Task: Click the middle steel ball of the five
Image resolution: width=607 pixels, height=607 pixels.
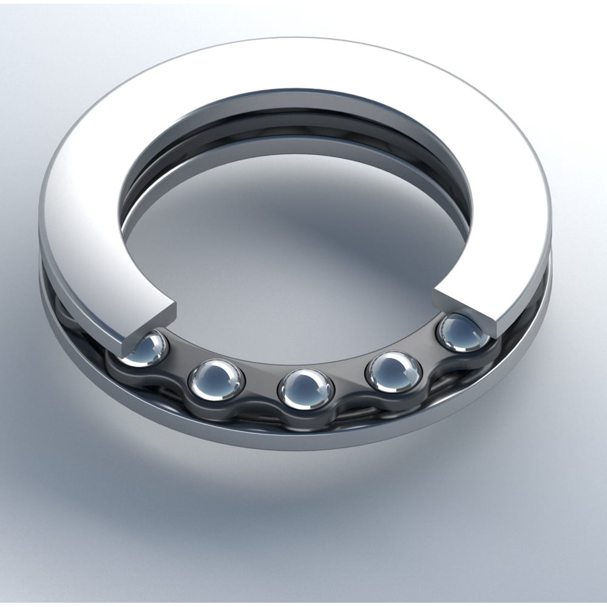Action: (x=305, y=388)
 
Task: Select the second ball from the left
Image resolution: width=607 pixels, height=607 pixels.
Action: (x=216, y=380)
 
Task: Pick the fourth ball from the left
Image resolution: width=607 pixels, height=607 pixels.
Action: (x=393, y=371)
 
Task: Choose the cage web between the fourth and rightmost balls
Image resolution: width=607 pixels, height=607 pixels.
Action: (x=428, y=358)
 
